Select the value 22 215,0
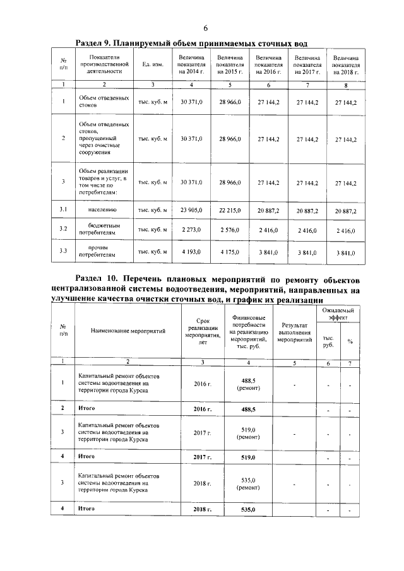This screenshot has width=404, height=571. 230,210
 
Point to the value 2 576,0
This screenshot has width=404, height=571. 230,231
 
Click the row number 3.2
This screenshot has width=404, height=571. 63,228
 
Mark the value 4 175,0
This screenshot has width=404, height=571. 230,252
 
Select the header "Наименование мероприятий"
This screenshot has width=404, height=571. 128,330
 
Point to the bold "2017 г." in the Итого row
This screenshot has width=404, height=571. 203,455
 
